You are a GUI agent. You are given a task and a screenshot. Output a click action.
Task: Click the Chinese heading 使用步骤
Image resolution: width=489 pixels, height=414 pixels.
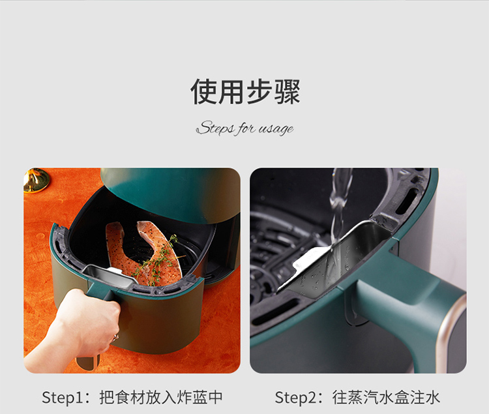(245, 91)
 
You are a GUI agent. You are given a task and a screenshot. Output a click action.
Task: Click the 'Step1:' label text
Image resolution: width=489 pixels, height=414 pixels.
(66, 398)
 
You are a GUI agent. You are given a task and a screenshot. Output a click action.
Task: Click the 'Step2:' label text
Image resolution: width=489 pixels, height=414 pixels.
(299, 398)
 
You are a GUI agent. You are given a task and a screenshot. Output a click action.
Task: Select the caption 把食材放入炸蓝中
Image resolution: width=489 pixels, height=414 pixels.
(161, 397)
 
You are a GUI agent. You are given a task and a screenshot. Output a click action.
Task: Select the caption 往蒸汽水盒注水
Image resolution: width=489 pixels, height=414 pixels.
(386, 397)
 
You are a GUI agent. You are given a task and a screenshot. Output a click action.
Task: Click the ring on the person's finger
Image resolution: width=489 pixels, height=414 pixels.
(115, 337)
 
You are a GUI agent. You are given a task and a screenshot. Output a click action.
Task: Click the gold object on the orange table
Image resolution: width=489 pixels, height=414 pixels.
(36, 180)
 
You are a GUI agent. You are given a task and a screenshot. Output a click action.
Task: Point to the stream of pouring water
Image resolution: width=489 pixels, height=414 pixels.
(338, 215)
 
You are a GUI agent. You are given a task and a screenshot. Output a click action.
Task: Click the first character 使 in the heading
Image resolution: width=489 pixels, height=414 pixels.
(203, 91)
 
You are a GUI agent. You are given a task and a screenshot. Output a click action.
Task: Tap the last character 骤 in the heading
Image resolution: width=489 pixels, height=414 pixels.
(288, 91)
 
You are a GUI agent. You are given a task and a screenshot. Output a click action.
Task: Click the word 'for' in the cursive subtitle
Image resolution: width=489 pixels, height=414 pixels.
(246, 128)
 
